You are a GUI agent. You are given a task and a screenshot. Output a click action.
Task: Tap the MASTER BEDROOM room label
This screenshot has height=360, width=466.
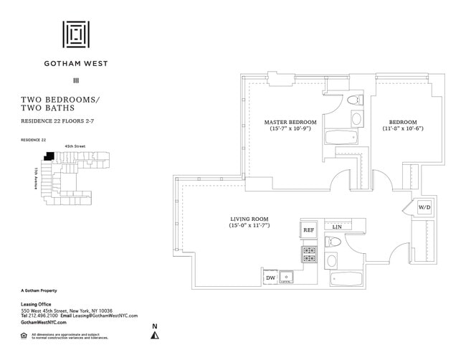tap(290, 122)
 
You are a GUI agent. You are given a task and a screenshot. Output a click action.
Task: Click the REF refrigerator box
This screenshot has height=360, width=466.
tap(308, 230)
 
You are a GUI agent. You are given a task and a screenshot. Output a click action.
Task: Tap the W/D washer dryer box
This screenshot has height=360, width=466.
tap(424, 207)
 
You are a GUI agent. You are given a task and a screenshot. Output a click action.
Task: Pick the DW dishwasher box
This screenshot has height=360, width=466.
tap(270, 278)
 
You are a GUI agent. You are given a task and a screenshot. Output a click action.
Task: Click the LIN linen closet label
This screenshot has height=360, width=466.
tap(337, 227)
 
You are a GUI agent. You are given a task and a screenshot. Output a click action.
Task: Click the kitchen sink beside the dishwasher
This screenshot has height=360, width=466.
tap(287, 277)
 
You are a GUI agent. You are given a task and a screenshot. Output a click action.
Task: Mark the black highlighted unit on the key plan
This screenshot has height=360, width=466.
tap(49, 155)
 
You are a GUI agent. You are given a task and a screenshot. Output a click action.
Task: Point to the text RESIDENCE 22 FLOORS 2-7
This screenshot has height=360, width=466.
tap(57, 121)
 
